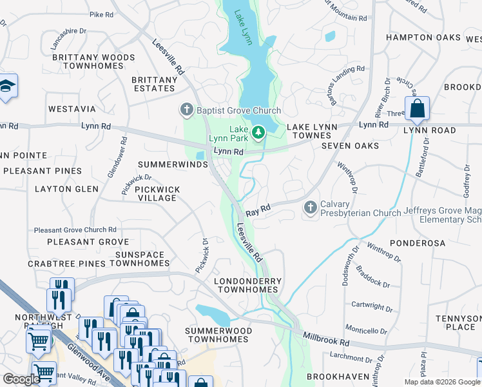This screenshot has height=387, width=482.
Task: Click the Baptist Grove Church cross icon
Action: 187,110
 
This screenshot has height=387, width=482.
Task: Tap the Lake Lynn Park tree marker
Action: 258,132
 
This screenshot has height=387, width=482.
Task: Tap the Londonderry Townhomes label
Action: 248,286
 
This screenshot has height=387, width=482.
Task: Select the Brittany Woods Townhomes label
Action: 93,63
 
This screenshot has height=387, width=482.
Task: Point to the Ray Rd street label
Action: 256,210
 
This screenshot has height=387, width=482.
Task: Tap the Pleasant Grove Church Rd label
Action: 75,230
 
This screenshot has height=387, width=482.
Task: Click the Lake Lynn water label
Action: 243,29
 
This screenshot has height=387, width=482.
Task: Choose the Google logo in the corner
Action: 21,379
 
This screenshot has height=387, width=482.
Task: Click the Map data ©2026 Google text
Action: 441,382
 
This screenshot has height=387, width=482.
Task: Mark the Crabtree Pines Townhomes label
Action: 99,264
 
